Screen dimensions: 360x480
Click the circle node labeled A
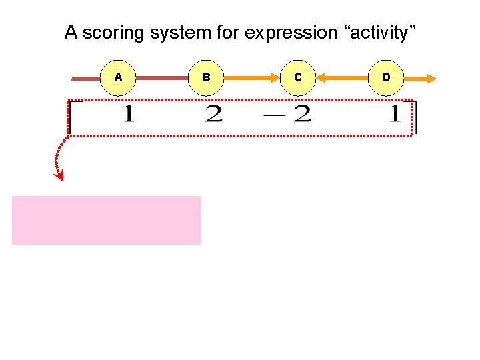point(118,77)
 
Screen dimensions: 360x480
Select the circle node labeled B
point(207,77)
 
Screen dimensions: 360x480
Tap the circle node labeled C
point(297,77)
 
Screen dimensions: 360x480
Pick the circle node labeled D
point(386,77)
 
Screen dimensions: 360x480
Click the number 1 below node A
point(128,115)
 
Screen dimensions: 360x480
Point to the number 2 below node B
point(213,115)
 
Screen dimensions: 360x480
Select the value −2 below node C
point(288,115)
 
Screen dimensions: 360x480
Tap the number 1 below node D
point(395,115)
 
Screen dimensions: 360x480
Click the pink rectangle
point(107,221)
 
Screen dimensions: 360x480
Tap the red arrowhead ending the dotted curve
point(60,175)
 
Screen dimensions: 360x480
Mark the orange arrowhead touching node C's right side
point(321,78)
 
